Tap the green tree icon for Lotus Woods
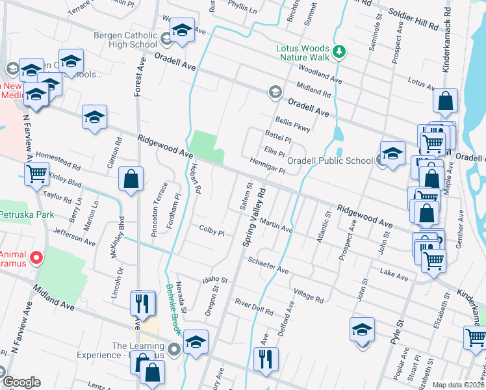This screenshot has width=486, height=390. coord(338,51)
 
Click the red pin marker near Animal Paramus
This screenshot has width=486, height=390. coord(36,259)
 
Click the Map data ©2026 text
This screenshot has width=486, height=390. coord(458,385)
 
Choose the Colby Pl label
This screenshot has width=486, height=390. coord(211,231)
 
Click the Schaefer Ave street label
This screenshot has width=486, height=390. coord(268,265)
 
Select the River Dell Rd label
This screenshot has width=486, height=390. coord(254,307)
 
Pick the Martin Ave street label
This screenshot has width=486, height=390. coord(276,225)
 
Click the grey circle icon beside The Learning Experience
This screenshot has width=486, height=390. coord(174,350)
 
